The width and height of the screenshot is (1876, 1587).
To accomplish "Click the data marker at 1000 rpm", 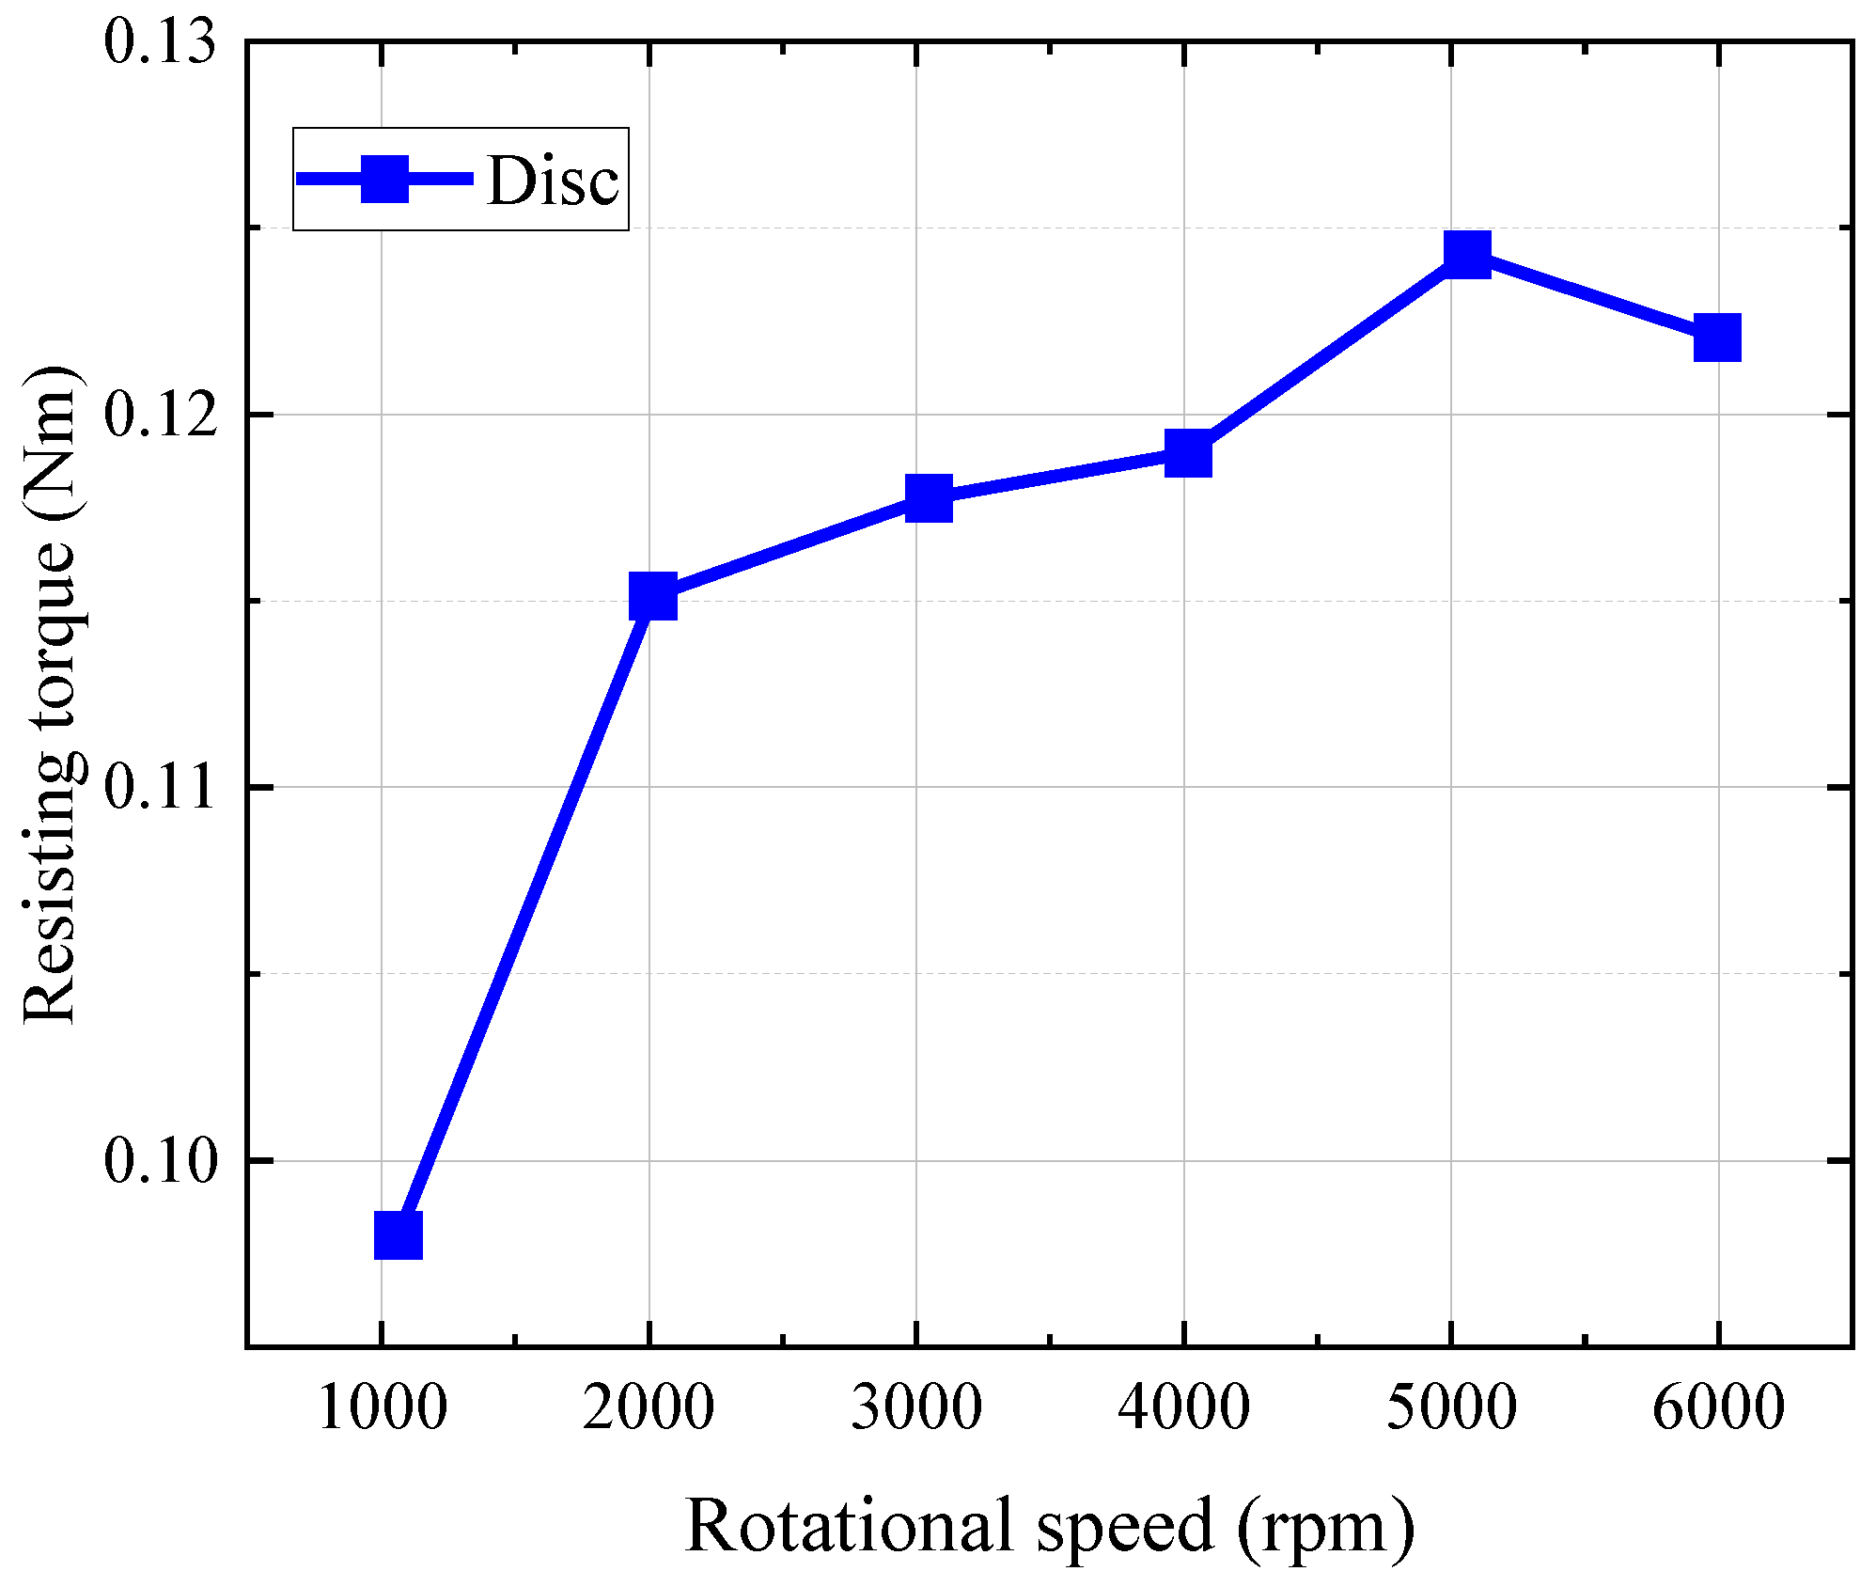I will coord(398,1234).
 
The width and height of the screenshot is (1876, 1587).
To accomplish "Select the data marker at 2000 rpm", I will coord(652,596).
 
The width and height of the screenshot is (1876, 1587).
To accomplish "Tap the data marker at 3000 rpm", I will coord(929,497).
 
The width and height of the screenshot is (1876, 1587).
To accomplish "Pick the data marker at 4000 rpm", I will coord(1188,454).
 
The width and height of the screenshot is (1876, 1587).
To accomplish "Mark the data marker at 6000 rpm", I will coord(1717,338).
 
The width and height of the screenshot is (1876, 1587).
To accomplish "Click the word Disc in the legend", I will coord(553,180).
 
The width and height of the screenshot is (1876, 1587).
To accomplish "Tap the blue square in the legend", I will coord(384,179).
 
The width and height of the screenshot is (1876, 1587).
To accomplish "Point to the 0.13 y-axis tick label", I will coord(159,42).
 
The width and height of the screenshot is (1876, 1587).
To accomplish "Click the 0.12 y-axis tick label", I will coord(159,415).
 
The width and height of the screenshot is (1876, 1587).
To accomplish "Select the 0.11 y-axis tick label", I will coord(159,787).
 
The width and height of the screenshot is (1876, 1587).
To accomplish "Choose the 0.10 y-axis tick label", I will coord(159,1160).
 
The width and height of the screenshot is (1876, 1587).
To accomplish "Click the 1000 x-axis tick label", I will coord(382,1408).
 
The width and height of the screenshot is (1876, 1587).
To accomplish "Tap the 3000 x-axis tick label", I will coord(916,1408).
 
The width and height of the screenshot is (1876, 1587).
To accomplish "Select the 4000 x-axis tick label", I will coord(1183,1408).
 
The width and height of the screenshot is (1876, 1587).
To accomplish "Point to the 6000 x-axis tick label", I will coord(1718,1408).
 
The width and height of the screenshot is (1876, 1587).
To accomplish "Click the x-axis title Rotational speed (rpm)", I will coord(1049,1525).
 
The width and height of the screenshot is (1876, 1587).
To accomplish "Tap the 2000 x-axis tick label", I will coord(649,1408).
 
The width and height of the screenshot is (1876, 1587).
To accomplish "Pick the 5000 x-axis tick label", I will coord(1451,1408).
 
